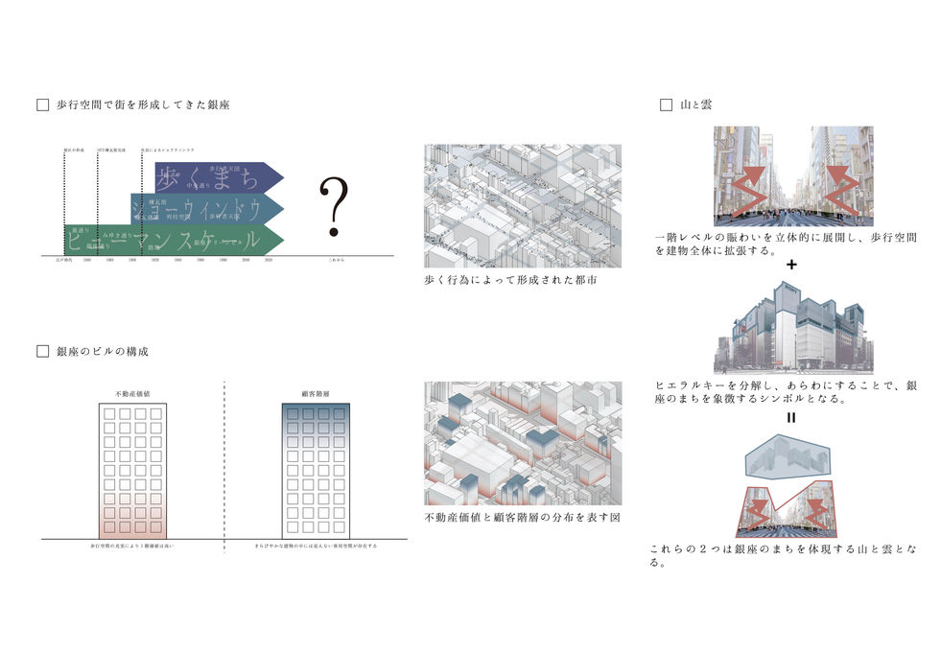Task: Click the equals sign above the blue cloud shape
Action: (x=792, y=418)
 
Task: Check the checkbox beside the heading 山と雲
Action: (x=666, y=105)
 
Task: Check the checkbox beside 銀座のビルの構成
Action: (x=42, y=352)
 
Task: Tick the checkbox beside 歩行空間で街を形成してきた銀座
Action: (x=42, y=105)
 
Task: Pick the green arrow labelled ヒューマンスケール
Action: (x=173, y=240)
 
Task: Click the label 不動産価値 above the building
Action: (x=131, y=393)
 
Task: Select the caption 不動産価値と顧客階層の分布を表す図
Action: (x=515, y=519)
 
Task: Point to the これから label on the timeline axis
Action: (x=334, y=260)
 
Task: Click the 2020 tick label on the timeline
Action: (x=269, y=260)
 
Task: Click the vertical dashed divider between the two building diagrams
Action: (x=225, y=460)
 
